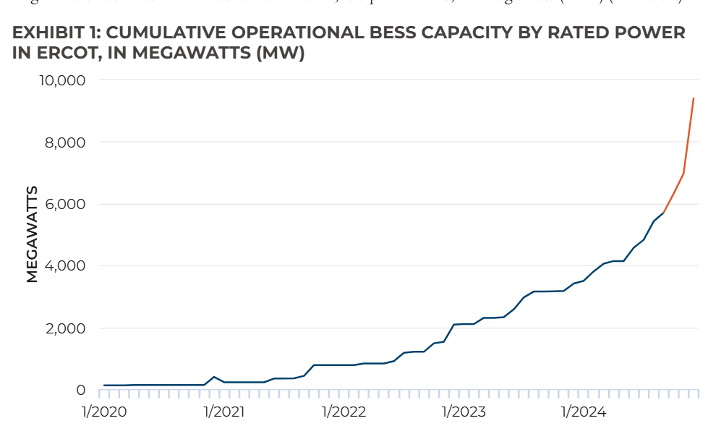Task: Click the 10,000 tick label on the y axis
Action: point(61,80)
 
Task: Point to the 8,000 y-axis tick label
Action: point(65,142)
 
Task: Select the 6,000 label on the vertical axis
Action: point(65,204)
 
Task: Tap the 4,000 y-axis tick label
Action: point(65,265)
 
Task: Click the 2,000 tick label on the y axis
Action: point(65,328)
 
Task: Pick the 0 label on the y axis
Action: point(80,390)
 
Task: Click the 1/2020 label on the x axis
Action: point(105,412)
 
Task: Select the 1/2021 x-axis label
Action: point(224,412)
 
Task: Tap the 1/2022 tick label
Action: point(344,412)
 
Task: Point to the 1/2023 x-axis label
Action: point(464,412)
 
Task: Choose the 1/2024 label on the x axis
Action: point(583,412)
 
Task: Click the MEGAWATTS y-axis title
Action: point(32,234)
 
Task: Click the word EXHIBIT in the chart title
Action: point(47,33)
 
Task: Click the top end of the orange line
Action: point(694,98)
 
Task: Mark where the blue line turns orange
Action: point(664,212)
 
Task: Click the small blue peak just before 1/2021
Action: point(214,377)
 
